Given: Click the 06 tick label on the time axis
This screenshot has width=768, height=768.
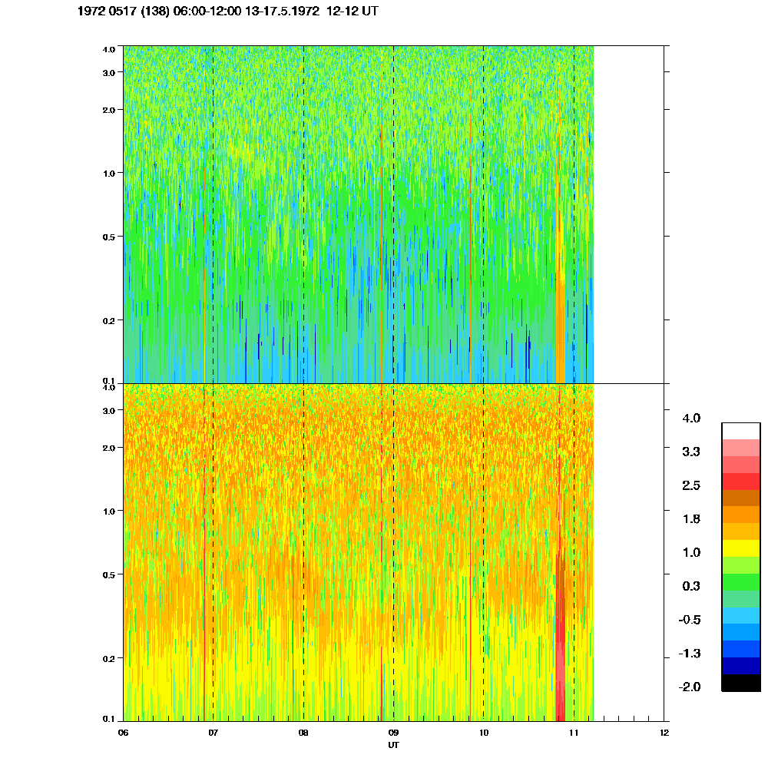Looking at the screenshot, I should click(x=123, y=733).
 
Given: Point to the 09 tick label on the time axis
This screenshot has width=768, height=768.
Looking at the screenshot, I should click(x=393, y=733).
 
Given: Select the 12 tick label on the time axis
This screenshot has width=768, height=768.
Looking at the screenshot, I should click(x=664, y=733).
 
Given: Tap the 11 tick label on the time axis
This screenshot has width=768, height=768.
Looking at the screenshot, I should click(x=574, y=733).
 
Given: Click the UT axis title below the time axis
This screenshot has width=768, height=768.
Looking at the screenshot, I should click(x=393, y=745).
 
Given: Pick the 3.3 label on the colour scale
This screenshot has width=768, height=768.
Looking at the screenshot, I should click(x=691, y=452).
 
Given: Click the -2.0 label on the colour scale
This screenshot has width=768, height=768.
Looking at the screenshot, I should click(x=690, y=687).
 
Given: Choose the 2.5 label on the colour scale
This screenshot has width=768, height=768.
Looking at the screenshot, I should click(x=691, y=485).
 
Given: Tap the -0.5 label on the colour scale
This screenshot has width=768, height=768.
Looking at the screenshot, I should click(x=690, y=620).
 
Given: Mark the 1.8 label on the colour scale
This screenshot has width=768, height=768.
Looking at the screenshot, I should click(x=691, y=519).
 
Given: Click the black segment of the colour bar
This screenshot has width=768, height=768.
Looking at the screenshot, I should click(x=741, y=683).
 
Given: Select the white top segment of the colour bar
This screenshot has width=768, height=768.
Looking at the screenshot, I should click(x=741, y=430).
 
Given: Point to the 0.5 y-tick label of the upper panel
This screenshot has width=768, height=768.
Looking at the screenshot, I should click(x=108, y=237).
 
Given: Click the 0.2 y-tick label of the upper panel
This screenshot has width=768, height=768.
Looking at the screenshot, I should click(x=108, y=320).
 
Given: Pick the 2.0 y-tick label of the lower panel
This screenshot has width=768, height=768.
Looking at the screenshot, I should click(x=108, y=448).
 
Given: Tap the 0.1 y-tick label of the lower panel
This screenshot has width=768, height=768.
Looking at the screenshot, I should click(x=108, y=719).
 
